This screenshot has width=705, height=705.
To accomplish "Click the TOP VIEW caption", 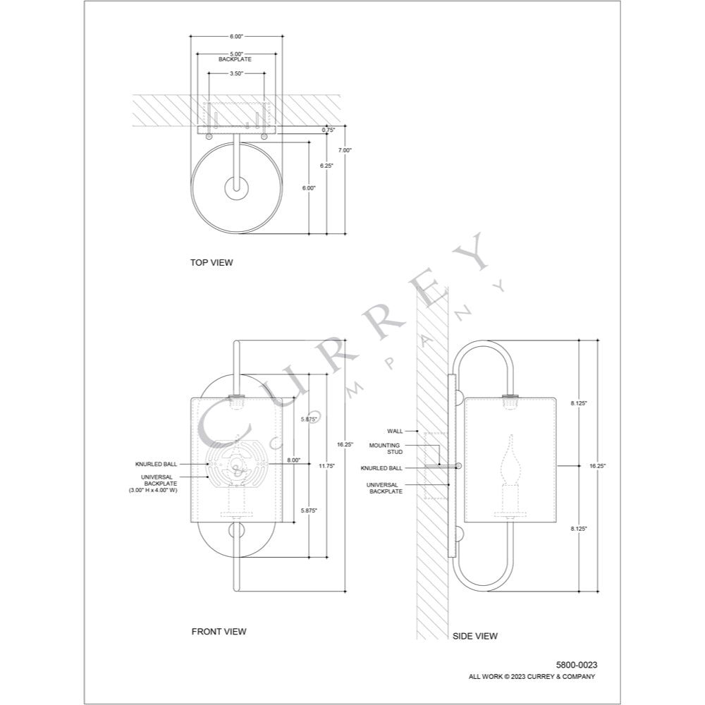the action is [211, 262].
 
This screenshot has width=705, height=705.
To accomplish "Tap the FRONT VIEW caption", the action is [219, 632].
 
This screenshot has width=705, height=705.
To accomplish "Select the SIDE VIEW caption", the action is [474, 636].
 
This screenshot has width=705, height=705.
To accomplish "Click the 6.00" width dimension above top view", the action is [236, 37].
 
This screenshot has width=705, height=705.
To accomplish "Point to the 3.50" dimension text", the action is [236, 73].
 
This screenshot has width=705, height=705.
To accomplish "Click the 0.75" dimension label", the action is [329, 130].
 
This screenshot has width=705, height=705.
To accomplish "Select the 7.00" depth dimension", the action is [345, 151].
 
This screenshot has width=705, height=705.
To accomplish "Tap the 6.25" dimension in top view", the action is [327, 166].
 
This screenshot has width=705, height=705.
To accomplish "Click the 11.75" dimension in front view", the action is [327, 466].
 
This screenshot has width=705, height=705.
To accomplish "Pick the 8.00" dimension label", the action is [294, 460].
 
